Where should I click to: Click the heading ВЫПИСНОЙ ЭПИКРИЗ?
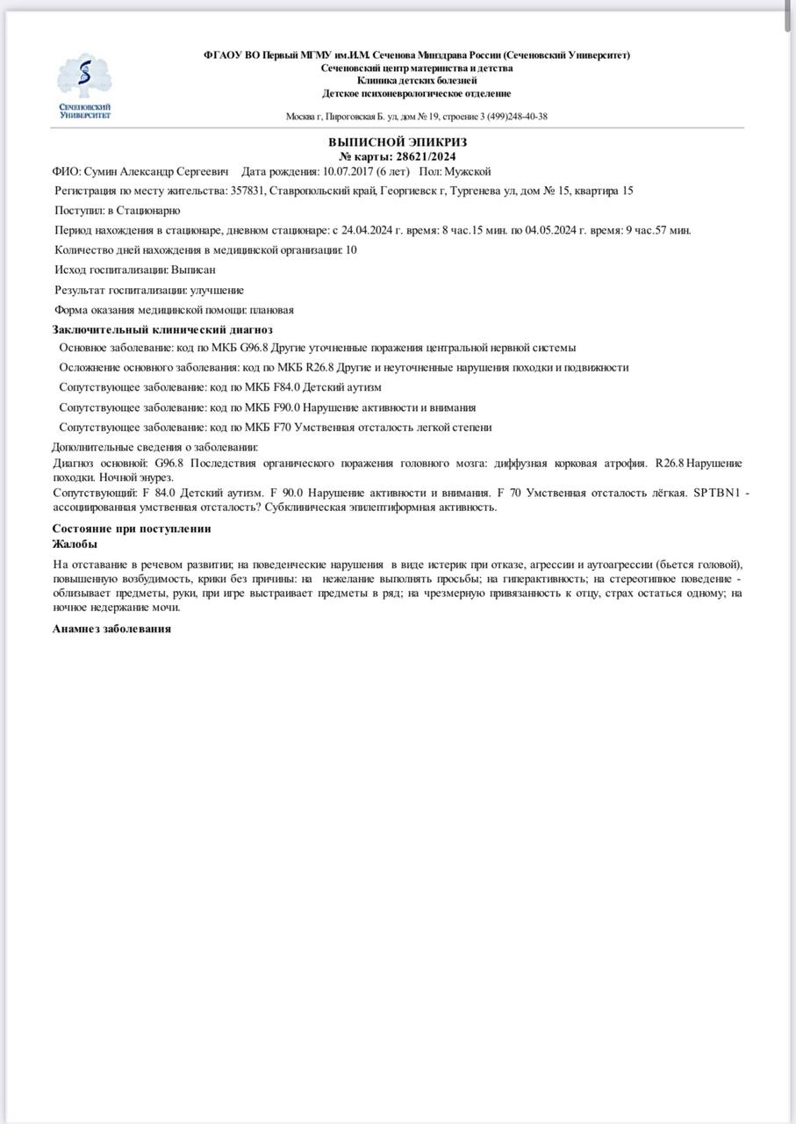(x=398, y=141)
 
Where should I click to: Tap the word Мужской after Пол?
(x=467, y=170)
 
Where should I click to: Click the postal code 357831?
(x=247, y=191)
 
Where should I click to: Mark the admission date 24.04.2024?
(x=369, y=230)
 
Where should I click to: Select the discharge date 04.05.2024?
(x=549, y=230)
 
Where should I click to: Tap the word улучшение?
(x=217, y=290)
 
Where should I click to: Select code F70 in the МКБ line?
(x=280, y=428)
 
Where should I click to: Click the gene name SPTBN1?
(x=717, y=494)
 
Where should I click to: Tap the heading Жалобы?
(x=75, y=544)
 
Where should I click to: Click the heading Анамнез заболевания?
(x=111, y=629)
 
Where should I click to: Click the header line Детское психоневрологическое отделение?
(x=416, y=93)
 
